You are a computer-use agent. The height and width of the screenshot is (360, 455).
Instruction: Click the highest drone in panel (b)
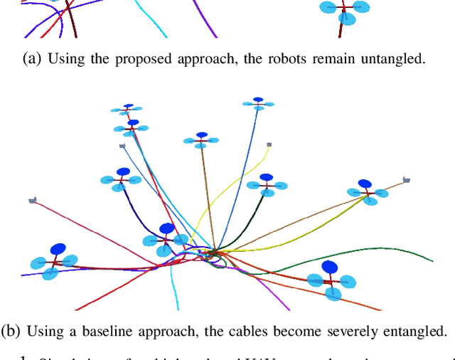[257, 103]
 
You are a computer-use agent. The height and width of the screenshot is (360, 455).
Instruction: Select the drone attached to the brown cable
[201, 139]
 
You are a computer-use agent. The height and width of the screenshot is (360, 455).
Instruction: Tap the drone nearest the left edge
[54, 261]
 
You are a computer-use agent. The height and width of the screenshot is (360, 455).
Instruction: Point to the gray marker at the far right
[406, 180]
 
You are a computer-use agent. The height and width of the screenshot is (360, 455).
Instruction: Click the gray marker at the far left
[32, 201]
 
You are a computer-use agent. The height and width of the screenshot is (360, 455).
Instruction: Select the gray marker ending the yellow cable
[269, 145]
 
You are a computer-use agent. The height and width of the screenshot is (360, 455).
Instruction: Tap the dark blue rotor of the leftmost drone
[58, 248]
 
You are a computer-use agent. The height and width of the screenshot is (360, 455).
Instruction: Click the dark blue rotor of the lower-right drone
[330, 267]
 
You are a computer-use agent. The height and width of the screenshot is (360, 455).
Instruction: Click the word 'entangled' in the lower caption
[418, 331]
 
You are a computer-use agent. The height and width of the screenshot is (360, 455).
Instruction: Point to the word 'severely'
[354, 331]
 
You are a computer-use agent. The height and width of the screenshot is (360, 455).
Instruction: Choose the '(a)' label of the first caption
[33, 59]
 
